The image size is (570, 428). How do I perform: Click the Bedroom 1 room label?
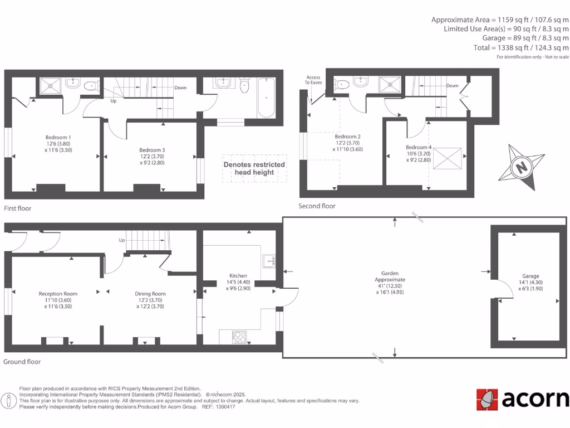pyautogui.click(x=58, y=137)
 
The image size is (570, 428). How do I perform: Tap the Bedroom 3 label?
pyautogui.click(x=152, y=150)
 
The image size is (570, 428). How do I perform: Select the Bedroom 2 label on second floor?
pyautogui.click(x=347, y=137)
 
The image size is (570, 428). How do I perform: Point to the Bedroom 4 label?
pyautogui.click(x=419, y=148)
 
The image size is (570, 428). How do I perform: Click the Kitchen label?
pyautogui.click(x=238, y=276)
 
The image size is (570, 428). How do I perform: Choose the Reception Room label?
pyautogui.click(x=58, y=294)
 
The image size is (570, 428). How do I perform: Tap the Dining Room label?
pyautogui.click(x=150, y=294)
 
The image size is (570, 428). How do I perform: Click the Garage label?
pyautogui.click(x=530, y=276)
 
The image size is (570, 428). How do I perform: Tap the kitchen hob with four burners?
pyautogui.click(x=239, y=337)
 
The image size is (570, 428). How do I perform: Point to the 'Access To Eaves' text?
pyautogui.click(x=312, y=80)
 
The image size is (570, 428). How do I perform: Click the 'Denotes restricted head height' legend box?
pyautogui.click(x=254, y=168)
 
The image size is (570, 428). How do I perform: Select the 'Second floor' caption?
pyautogui.click(x=317, y=206)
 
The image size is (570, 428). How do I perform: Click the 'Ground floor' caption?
pyautogui.click(x=22, y=362)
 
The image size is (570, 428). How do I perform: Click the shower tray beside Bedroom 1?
pyautogui.click(x=52, y=86)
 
